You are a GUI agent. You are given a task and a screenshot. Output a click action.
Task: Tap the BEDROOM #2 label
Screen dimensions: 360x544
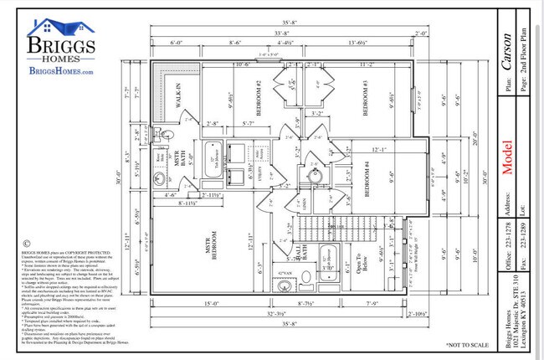259,100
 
